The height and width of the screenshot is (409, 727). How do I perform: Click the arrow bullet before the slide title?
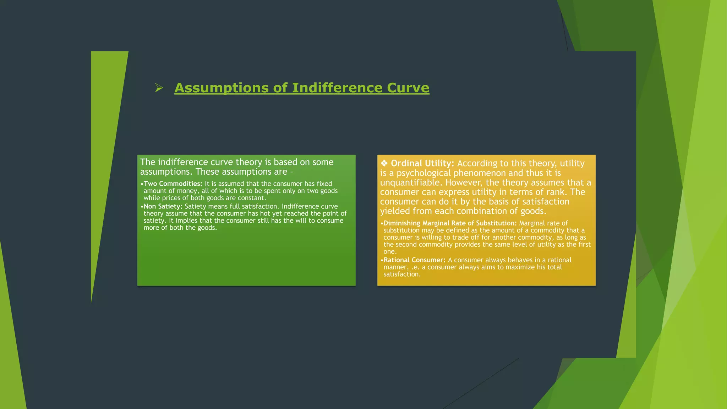159,88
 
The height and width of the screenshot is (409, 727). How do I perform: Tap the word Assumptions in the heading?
222,88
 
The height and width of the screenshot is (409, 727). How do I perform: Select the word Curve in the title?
408,88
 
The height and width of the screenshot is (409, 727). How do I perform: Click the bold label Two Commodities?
173,184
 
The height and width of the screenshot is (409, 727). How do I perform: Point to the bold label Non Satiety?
163,206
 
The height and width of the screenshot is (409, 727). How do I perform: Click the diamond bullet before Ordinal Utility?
384,163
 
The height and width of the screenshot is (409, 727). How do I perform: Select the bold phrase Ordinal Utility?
422,163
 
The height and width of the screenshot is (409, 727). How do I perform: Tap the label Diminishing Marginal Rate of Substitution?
450,223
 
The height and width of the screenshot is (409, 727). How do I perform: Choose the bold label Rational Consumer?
414,260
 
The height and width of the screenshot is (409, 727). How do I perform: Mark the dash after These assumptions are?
292,172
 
